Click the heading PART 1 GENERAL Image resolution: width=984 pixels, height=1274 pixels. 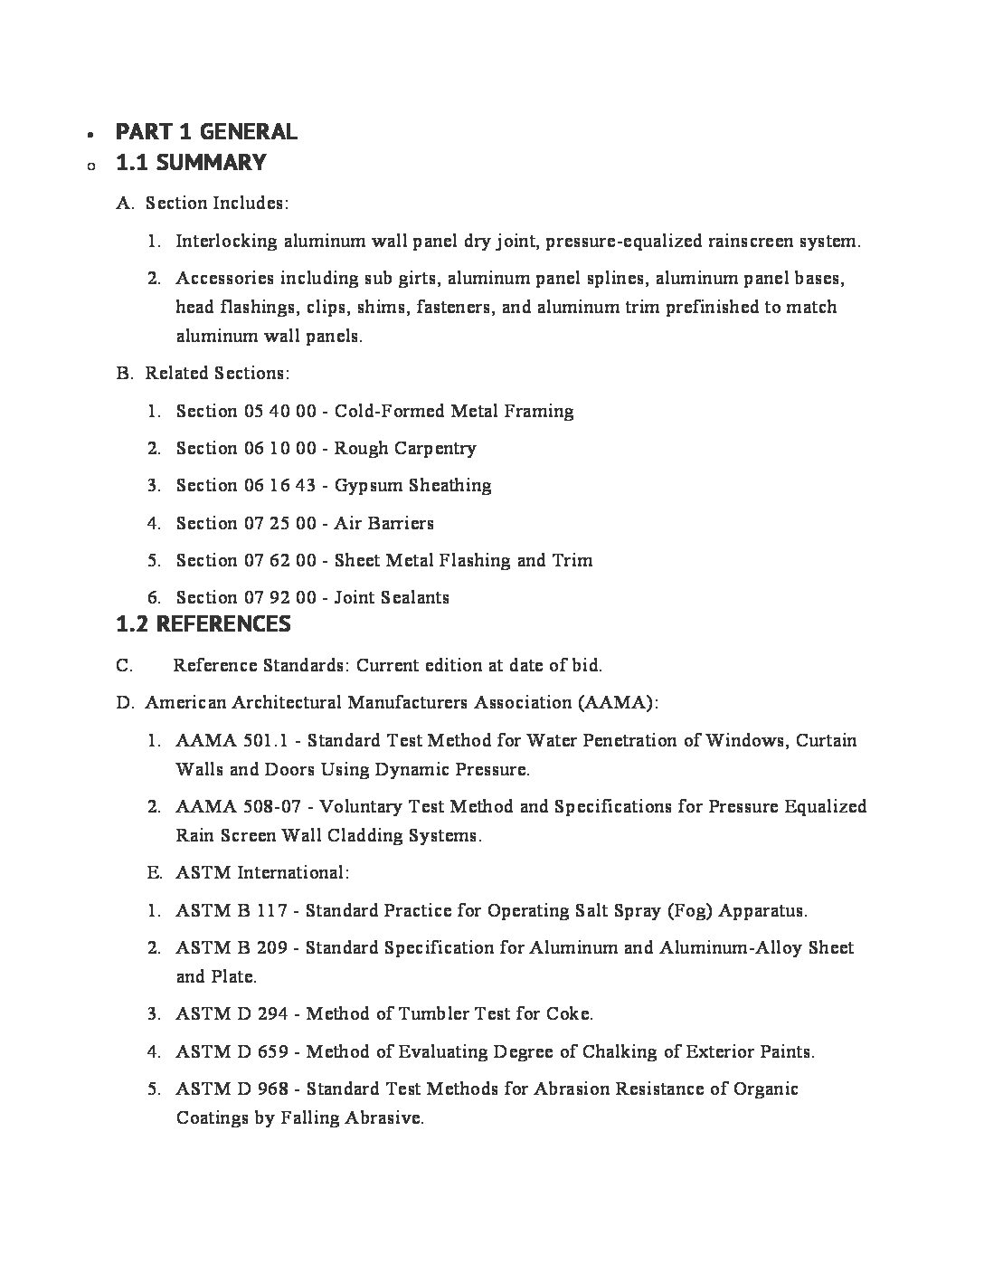click(x=206, y=132)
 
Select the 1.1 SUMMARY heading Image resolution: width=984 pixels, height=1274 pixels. click(x=191, y=163)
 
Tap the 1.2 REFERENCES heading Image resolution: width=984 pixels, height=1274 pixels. click(x=203, y=624)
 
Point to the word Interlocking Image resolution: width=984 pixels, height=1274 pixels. click(x=226, y=242)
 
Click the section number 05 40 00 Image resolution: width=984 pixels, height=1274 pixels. click(x=280, y=412)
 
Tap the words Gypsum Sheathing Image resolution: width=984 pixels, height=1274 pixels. click(x=412, y=486)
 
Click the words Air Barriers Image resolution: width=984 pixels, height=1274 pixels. click(x=383, y=523)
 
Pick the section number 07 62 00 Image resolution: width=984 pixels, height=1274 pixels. click(x=280, y=561)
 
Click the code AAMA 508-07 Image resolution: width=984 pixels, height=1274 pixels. click(x=240, y=807)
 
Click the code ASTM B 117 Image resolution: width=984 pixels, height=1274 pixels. click(x=232, y=911)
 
